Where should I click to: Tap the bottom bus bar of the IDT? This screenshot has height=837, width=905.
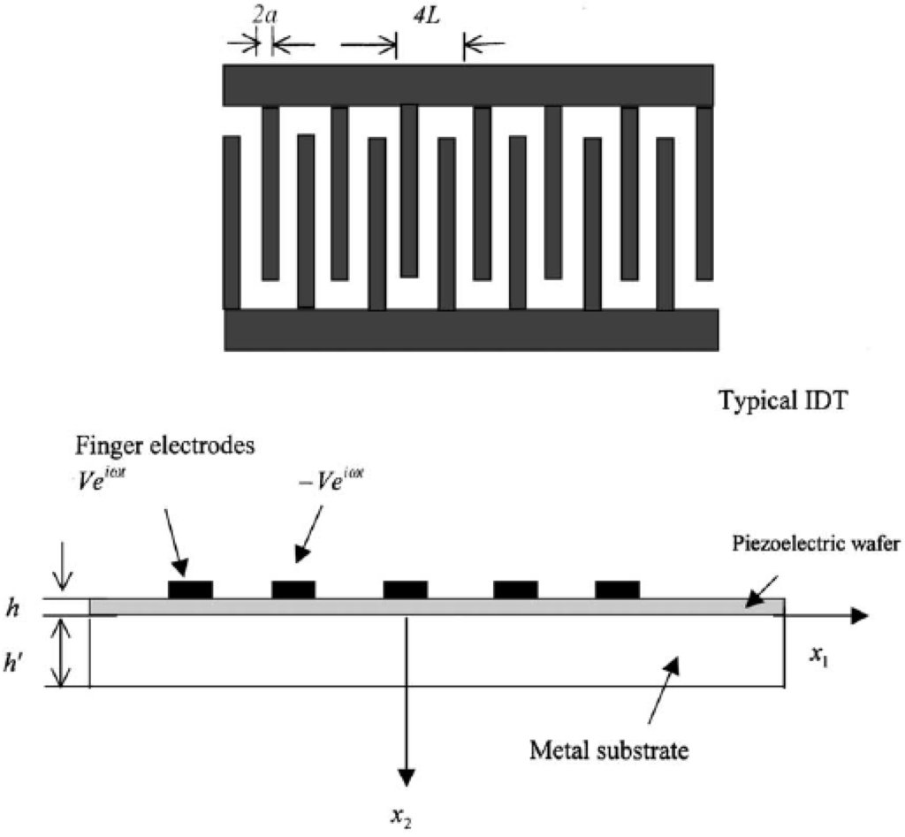coord(470,329)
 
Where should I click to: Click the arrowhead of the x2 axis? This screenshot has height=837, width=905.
coord(406,774)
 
